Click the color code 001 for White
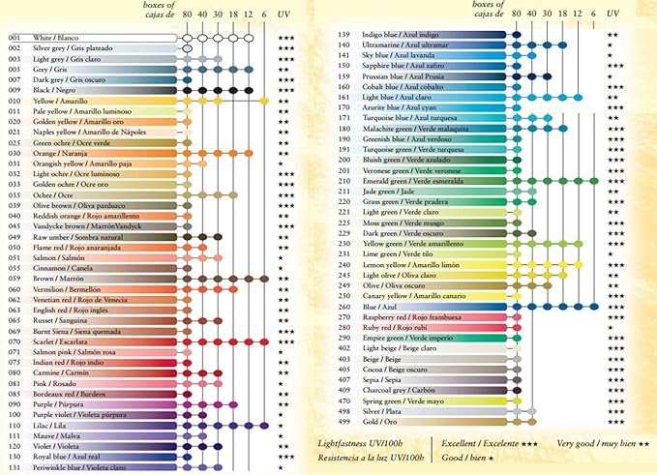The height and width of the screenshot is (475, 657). point(13,37)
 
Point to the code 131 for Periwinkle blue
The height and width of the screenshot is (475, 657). point(13,467)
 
